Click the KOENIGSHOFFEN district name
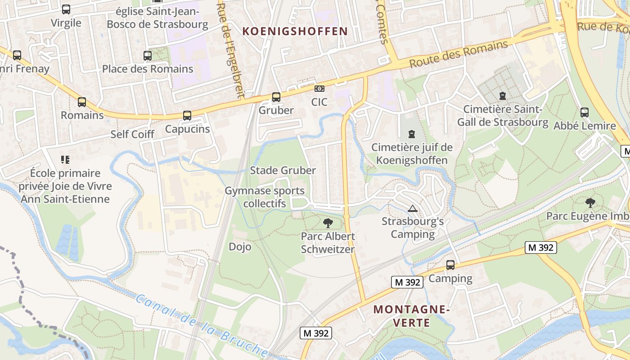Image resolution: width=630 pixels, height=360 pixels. pyautogui.click(x=295, y=31)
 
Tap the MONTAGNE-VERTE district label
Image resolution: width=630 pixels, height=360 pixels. pyautogui.click(x=411, y=316)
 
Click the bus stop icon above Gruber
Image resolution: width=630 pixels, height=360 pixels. pyautogui.click(x=276, y=97)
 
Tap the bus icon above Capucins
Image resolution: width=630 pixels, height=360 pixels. pyautogui.click(x=187, y=116)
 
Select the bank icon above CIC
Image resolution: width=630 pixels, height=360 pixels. pyautogui.click(x=319, y=89)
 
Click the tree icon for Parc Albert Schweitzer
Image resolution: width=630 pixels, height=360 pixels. pyautogui.click(x=328, y=222)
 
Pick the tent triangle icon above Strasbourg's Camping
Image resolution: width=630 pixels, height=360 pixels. pyautogui.click(x=412, y=208)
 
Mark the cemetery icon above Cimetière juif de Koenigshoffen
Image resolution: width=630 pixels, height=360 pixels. pyautogui.click(x=411, y=134)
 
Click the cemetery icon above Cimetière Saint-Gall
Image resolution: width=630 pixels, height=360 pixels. pyautogui.click(x=502, y=96)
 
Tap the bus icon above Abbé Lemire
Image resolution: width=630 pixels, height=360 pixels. pyautogui.click(x=584, y=112)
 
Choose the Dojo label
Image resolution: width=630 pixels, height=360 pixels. pyautogui.click(x=240, y=247)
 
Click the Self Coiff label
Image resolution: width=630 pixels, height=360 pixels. pyautogui.click(x=132, y=134)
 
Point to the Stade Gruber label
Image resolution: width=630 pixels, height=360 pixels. pyautogui.click(x=283, y=170)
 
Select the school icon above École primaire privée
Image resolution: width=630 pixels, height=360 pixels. pyautogui.click(x=65, y=159)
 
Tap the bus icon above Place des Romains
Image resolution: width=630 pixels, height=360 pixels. pyautogui.click(x=148, y=56)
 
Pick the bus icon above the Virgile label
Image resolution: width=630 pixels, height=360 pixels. pyautogui.click(x=66, y=9)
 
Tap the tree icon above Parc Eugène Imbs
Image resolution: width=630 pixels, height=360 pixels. pyautogui.click(x=590, y=202)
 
